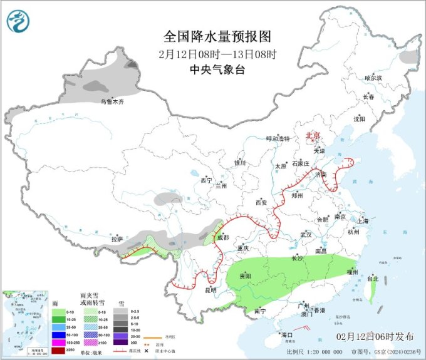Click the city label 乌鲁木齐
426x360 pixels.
pos(113,101)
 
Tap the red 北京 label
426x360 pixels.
pos(312,135)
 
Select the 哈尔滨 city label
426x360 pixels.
pos(373,78)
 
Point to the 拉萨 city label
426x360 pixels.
pos(117,239)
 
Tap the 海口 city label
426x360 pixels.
pos(288,335)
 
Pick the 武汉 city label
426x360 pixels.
pos(306,234)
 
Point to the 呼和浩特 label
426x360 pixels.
pos(278,138)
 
